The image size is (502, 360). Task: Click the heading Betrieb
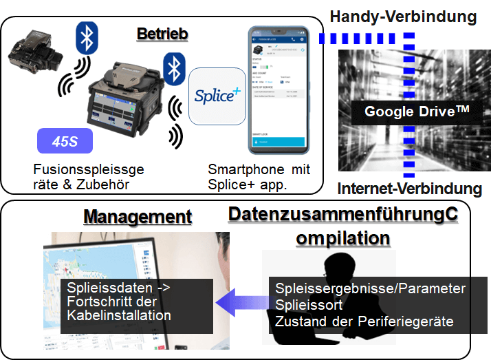tap(162, 34)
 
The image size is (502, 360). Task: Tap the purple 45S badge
tap(65, 142)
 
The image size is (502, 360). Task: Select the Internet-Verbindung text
tap(409, 189)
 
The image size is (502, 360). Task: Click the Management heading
tap(138, 218)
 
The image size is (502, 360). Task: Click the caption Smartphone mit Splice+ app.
tap(259, 176)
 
